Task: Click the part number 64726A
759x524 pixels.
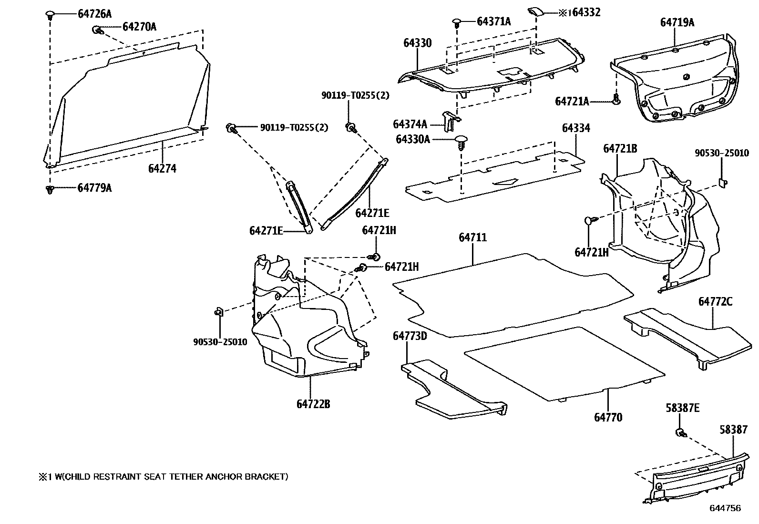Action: click(x=94, y=14)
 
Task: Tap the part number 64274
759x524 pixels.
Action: click(x=162, y=168)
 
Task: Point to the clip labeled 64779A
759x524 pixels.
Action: click(x=49, y=189)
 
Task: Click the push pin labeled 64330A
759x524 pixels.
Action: click(x=461, y=142)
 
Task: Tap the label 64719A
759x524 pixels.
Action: click(x=677, y=22)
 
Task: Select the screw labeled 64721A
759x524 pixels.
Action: click(x=616, y=100)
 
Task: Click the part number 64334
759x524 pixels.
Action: click(x=575, y=128)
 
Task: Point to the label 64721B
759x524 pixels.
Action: click(x=620, y=148)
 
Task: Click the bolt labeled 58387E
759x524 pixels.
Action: click(x=679, y=432)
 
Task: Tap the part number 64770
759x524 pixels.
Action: click(x=608, y=417)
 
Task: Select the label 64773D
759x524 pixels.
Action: click(x=410, y=336)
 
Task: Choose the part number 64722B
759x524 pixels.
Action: click(x=313, y=404)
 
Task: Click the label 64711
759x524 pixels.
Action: click(x=473, y=237)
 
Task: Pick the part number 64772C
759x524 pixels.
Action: click(x=715, y=301)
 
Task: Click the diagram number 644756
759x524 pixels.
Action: click(x=725, y=508)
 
